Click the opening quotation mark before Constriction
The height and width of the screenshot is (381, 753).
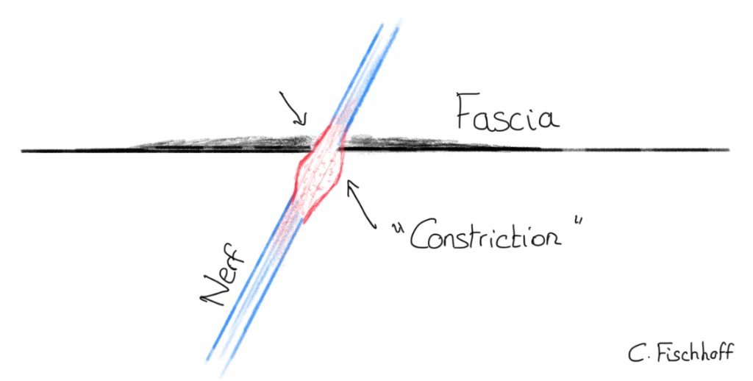pyautogui.click(x=402, y=224)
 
